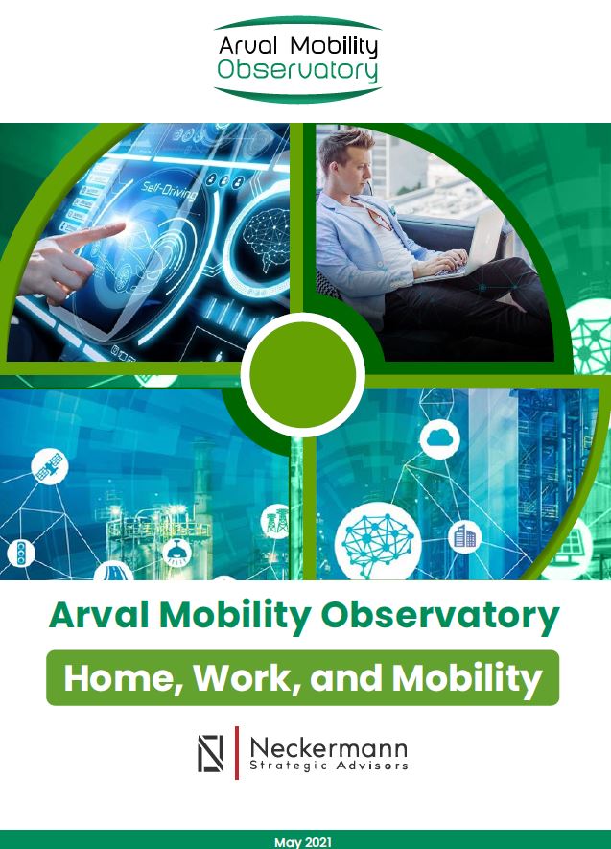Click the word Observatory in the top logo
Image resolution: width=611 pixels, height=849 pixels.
(297, 70)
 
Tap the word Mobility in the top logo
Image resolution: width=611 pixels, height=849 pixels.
(334, 47)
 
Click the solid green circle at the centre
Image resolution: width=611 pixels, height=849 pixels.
(303, 374)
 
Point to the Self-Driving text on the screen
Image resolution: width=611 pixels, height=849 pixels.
(170, 191)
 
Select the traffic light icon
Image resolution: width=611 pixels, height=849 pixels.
(21, 554)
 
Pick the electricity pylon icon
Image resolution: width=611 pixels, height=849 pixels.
(276, 522)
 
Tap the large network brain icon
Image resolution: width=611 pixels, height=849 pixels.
(378, 542)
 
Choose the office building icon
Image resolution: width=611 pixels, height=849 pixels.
(465, 536)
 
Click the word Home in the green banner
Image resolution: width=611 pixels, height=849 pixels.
(125, 678)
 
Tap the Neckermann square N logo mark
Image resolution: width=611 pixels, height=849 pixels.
(210, 753)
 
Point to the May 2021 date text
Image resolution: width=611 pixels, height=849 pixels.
(303, 842)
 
